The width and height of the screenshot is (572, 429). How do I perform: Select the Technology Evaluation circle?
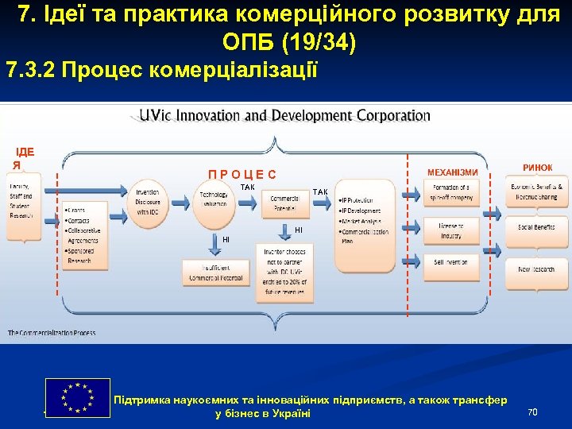[x=214, y=199]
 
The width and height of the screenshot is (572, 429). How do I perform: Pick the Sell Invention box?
[x=450, y=263]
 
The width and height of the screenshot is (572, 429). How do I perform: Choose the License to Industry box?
[x=450, y=230]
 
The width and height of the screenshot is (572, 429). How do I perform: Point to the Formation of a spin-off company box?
[x=450, y=191]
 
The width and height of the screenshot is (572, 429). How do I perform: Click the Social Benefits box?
[x=536, y=226]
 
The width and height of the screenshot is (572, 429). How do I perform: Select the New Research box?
[x=536, y=269]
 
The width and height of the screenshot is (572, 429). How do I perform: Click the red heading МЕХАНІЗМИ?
[x=452, y=172]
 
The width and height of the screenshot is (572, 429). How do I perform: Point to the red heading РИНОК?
[x=537, y=167]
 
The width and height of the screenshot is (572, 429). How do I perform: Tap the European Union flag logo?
[x=78, y=397]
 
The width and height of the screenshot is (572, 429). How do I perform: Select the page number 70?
[x=532, y=411]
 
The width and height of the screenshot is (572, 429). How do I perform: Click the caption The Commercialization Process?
[x=52, y=332]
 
